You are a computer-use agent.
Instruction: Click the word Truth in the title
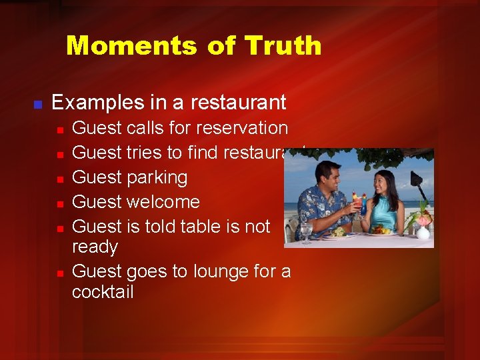(283, 46)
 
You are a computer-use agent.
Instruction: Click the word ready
(95, 247)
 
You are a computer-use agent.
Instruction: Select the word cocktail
(103, 292)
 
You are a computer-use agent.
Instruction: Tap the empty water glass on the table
(306, 231)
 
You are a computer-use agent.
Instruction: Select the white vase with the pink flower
(423, 231)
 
